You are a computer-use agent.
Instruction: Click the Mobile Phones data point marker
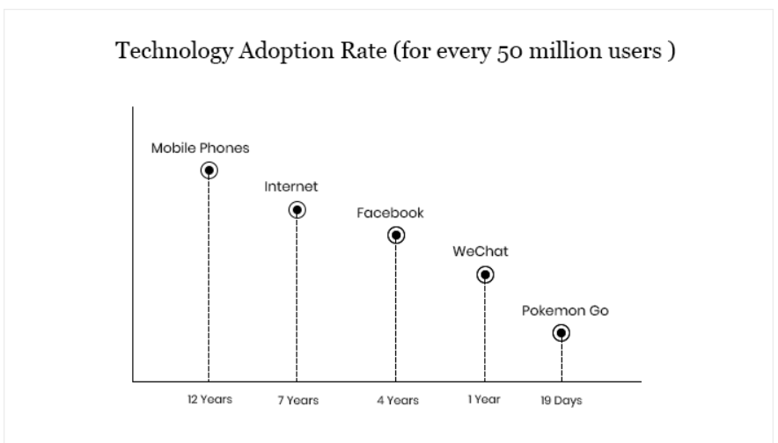click(209, 171)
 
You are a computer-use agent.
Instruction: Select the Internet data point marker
click(297, 210)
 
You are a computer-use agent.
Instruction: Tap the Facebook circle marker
click(396, 235)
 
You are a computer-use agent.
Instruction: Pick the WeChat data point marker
click(485, 274)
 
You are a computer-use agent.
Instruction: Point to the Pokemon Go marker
click(561, 333)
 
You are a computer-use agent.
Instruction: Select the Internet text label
click(291, 187)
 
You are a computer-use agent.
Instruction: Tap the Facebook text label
click(390, 213)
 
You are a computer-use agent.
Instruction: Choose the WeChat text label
click(481, 251)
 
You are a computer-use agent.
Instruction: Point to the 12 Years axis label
click(209, 399)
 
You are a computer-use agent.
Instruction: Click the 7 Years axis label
click(297, 400)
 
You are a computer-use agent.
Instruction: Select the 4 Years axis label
click(396, 400)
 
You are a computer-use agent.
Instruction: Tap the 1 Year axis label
click(483, 399)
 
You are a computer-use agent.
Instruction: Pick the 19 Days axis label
click(561, 400)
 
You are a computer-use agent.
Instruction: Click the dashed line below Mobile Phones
click(209, 281)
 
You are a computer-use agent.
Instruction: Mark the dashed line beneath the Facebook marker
click(396, 312)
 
